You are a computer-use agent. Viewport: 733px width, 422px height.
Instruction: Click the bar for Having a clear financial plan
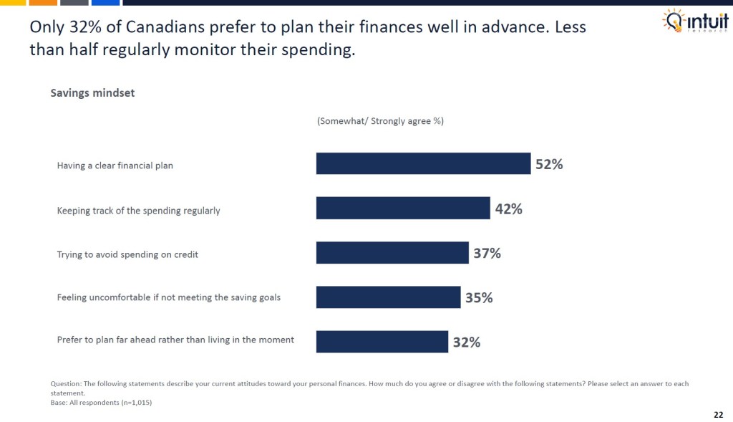tap(423, 164)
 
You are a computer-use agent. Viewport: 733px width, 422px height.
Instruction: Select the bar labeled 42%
tap(403, 208)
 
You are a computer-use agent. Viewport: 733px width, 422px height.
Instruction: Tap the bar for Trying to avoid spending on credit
tap(392, 253)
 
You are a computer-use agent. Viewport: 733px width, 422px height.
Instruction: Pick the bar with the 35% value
tap(388, 297)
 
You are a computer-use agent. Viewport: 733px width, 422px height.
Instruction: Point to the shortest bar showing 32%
tap(382, 342)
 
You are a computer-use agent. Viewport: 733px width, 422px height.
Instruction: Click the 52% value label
tap(549, 164)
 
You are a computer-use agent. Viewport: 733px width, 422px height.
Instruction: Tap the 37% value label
tap(487, 253)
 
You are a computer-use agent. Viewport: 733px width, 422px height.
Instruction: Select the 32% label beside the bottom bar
tap(466, 342)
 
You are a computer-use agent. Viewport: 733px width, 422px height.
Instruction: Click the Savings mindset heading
tap(92, 93)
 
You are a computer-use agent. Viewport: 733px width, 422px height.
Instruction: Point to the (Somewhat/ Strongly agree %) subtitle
tap(380, 121)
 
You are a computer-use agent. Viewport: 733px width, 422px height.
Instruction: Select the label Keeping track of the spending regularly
tap(139, 211)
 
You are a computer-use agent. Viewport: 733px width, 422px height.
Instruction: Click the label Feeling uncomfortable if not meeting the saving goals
tap(169, 297)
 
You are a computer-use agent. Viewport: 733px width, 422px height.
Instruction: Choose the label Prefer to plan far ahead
tap(175, 340)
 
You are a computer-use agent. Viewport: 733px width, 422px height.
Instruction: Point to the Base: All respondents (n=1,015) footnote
tap(102, 402)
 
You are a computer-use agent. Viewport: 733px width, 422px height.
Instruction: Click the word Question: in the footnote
tap(66, 384)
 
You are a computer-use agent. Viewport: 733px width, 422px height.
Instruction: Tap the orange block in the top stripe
tap(44, 3)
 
